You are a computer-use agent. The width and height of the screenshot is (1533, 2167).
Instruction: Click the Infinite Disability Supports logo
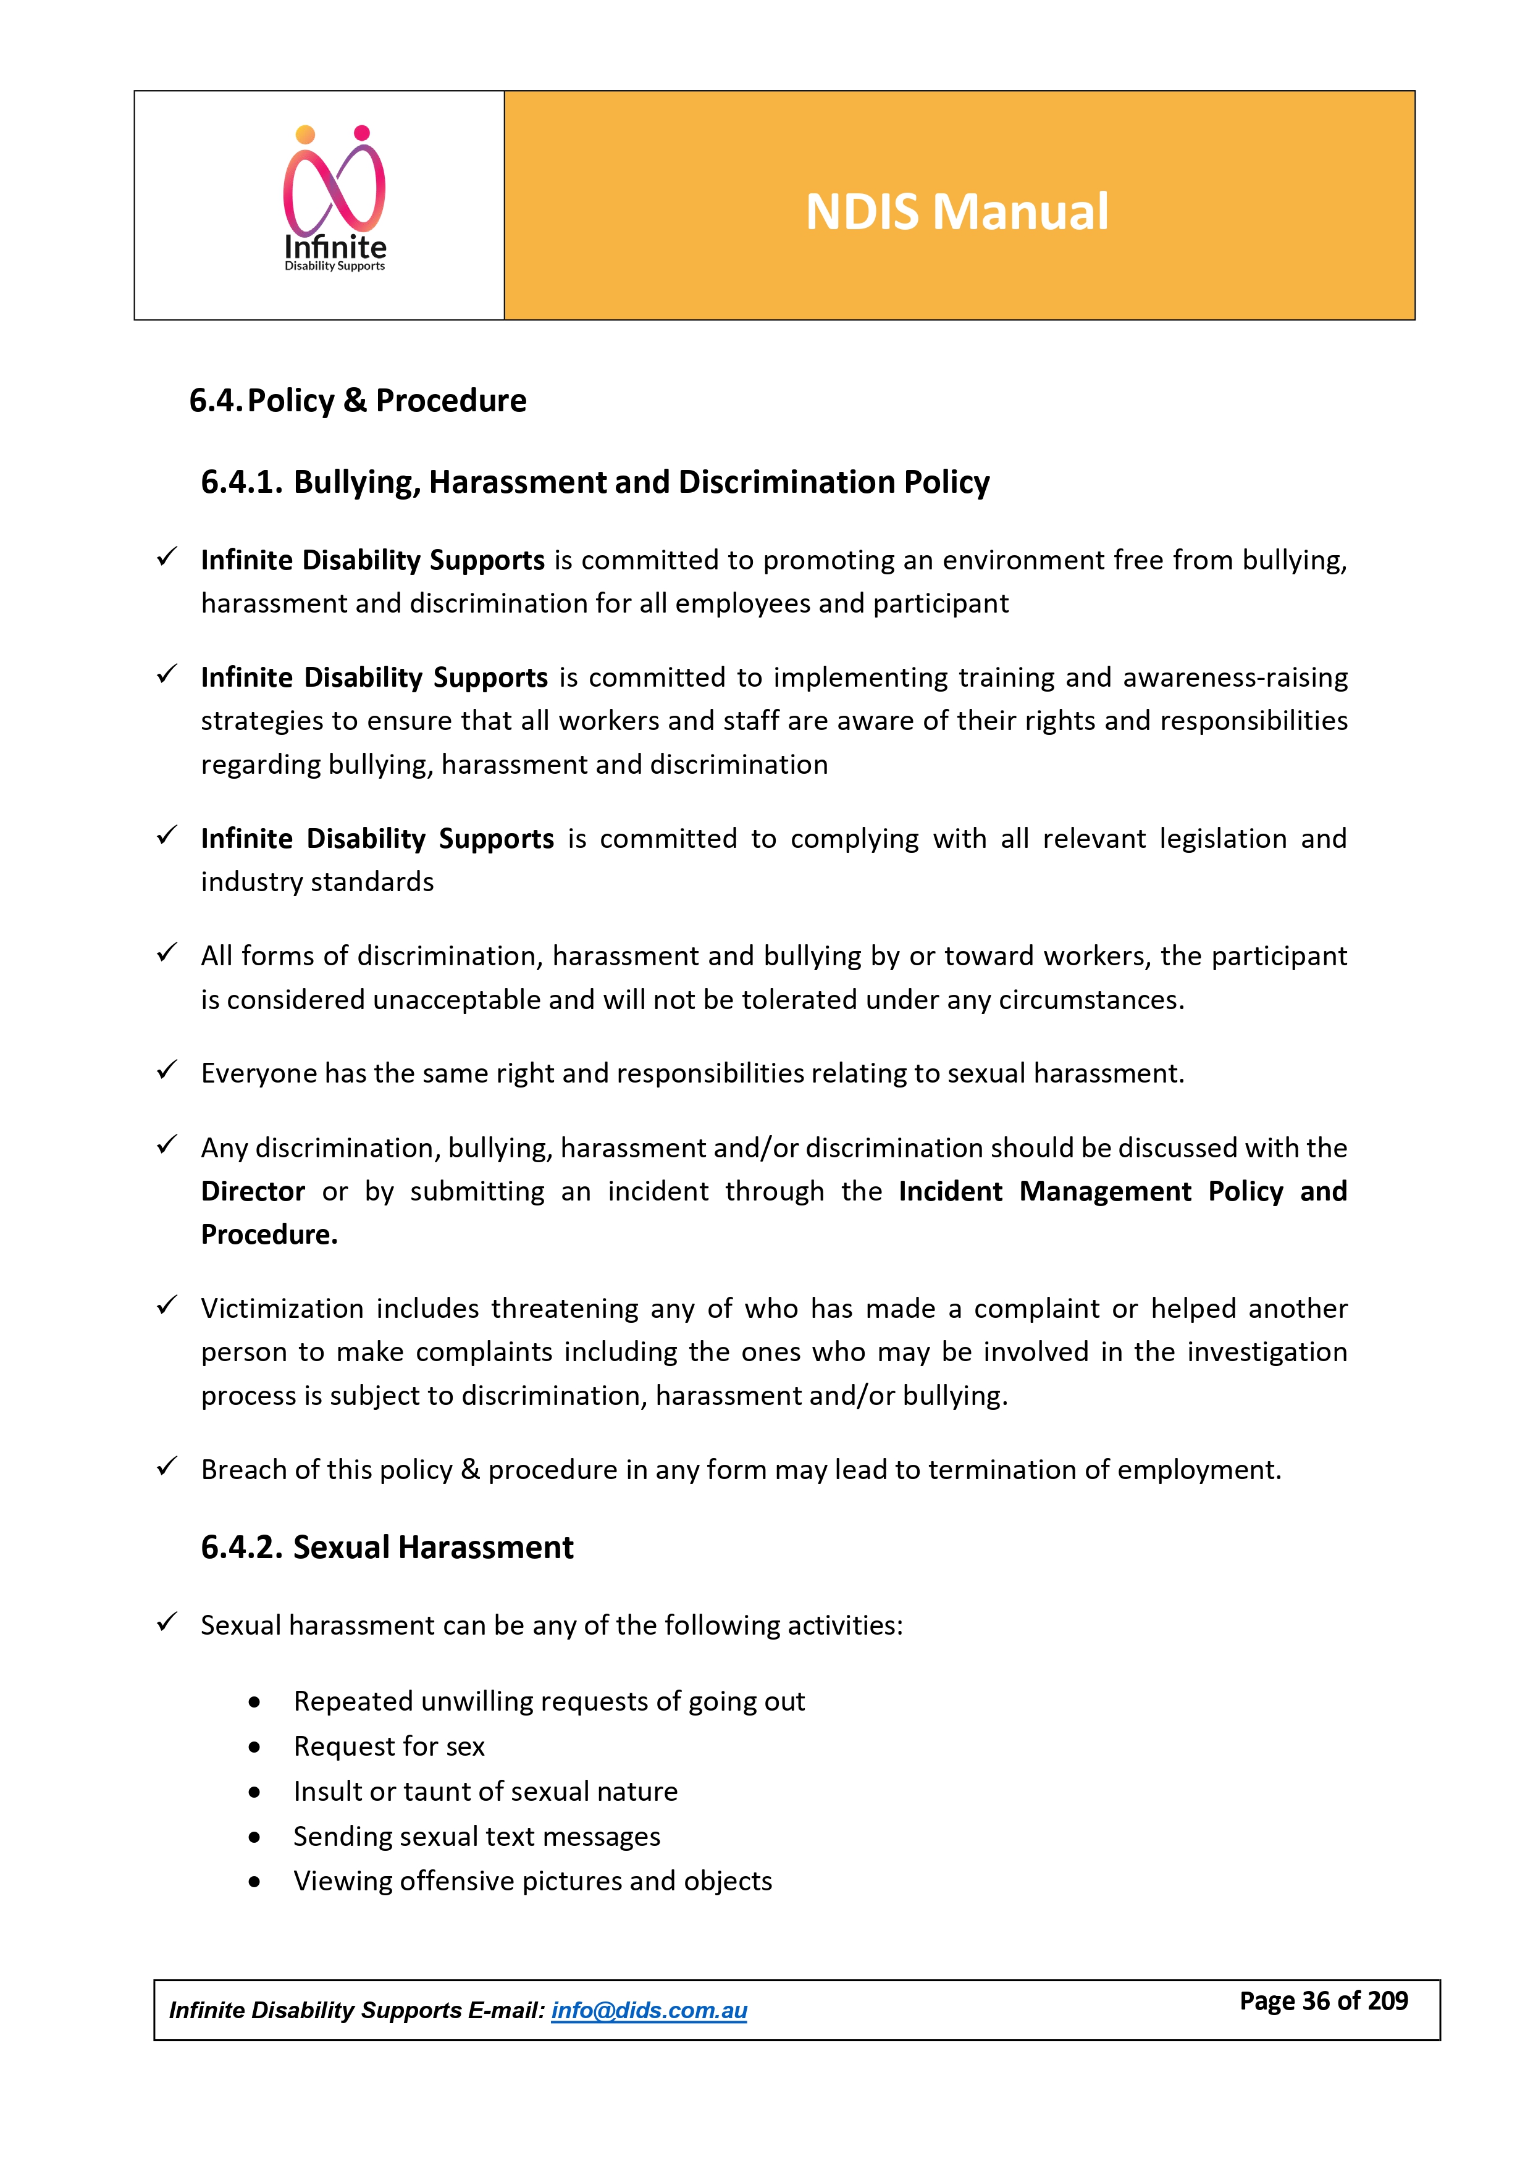coord(335,200)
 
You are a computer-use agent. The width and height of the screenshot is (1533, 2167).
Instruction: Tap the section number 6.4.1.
coord(241,482)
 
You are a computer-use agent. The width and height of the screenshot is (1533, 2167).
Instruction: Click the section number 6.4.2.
coord(241,1548)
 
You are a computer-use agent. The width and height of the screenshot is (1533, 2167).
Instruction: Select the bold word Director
coord(253,1191)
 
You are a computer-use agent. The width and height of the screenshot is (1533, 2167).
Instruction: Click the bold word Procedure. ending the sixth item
coord(269,1234)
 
